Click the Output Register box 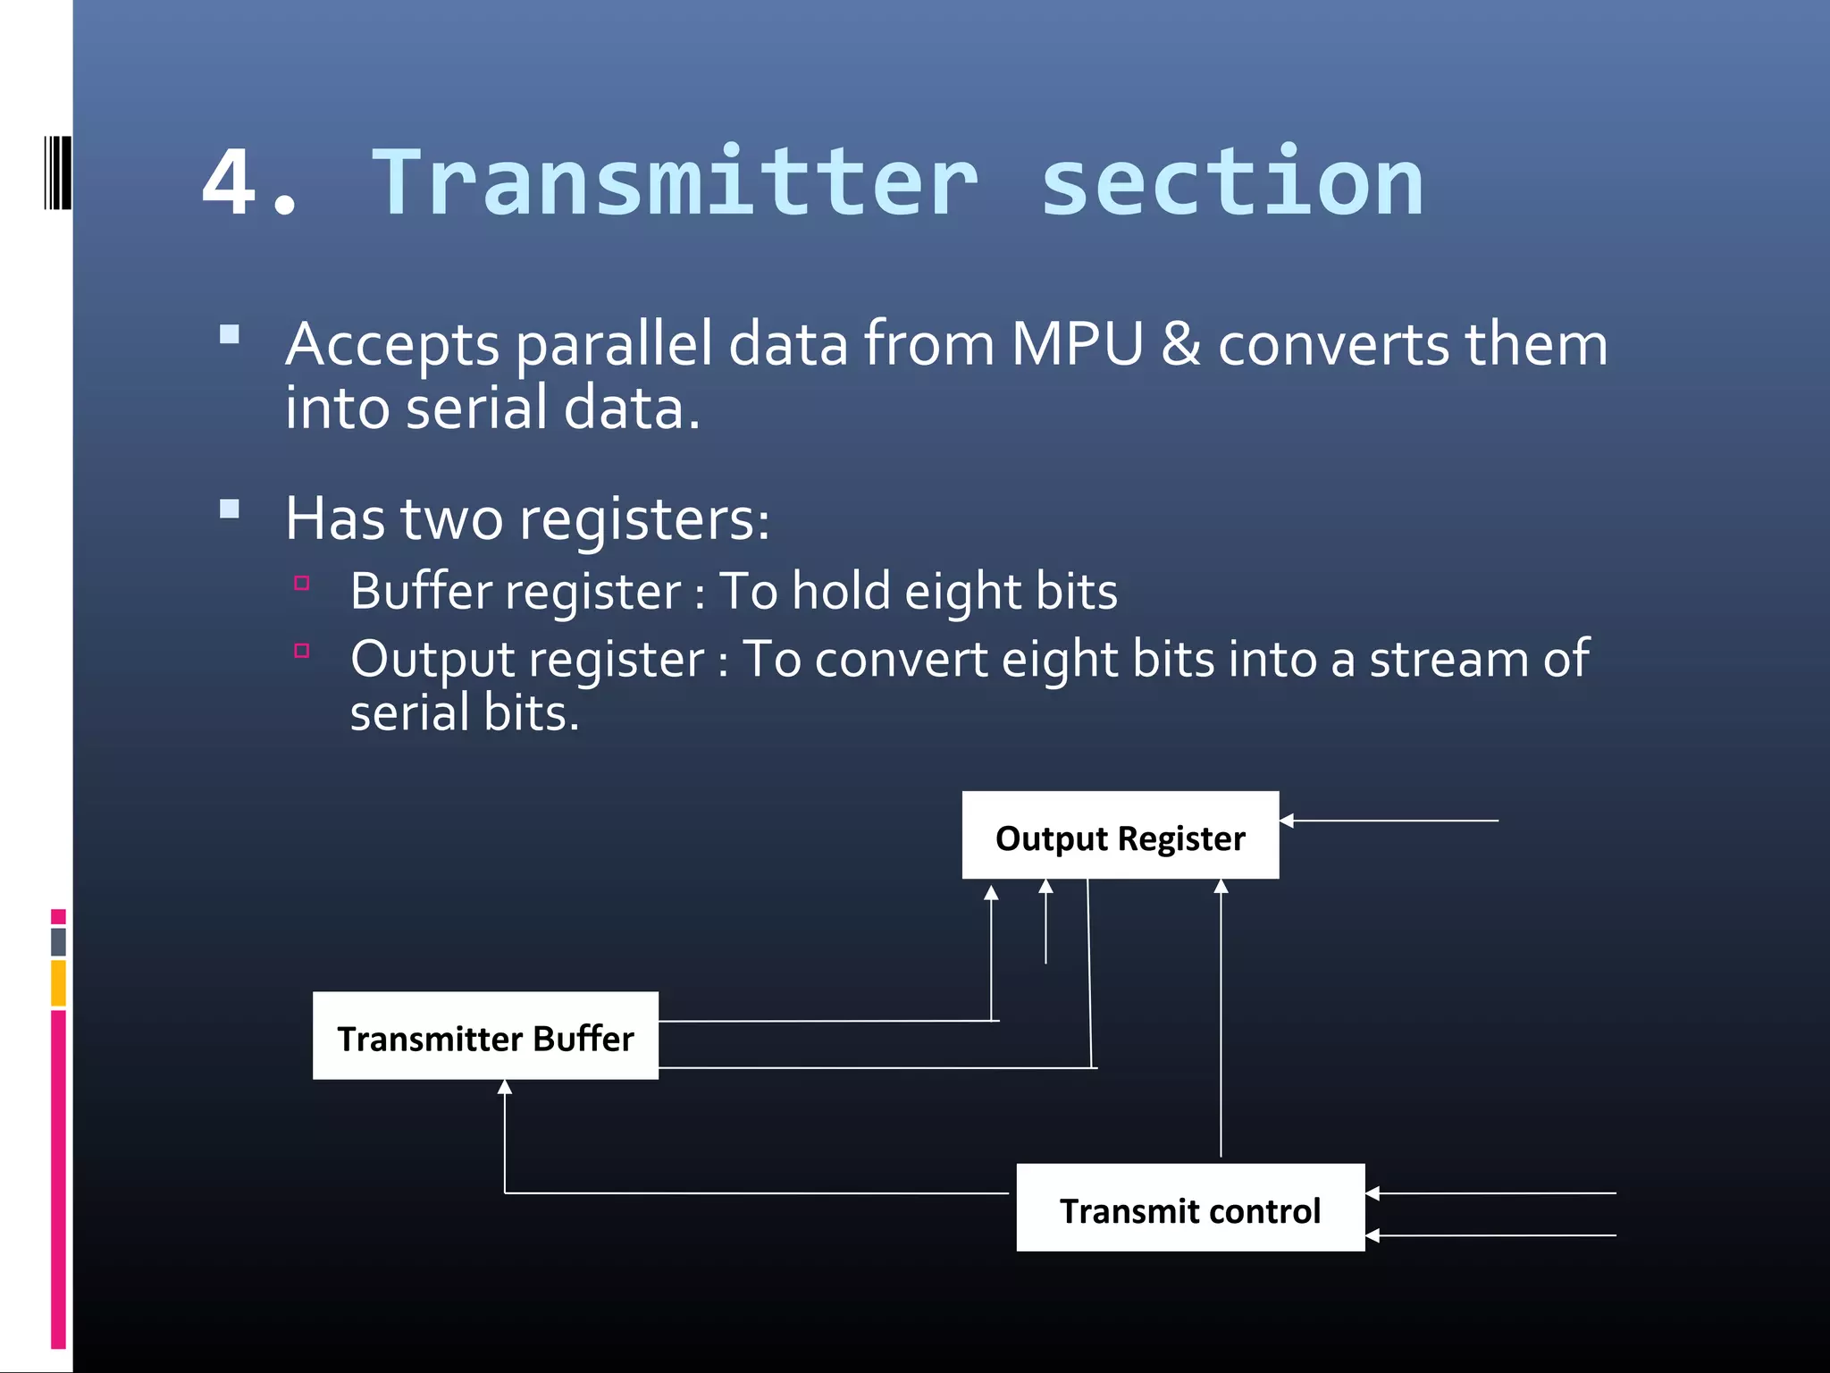(x=1120, y=835)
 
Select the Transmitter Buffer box (x=485, y=1036)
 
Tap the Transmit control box (x=1189, y=1208)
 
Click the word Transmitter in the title (x=676, y=183)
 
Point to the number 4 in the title (x=230, y=183)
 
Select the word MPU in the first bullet (x=1077, y=344)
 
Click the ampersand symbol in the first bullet (x=1180, y=344)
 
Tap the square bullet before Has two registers (x=230, y=510)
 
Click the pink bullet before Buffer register (x=302, y=584)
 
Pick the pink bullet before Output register (x=302, y=651)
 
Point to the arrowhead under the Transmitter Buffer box (x=505, y=1087)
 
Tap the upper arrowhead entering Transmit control (x=1372, y=1193)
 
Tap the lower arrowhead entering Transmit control (x=1372, y=1235)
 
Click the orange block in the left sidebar (x=58, y=982)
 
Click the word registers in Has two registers (x=643, y=518)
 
